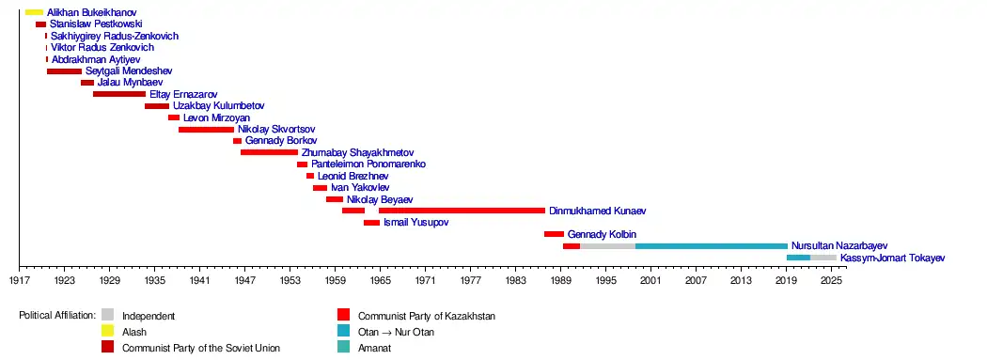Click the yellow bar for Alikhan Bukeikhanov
tap(34, 12)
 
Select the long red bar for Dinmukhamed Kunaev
tap(462, 211)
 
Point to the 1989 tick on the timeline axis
tap(560, 268)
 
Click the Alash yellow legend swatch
tap(108, 331)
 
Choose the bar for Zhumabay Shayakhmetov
tap(270, 152)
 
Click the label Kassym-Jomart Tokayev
tap(893, 258)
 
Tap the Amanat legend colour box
tap(343, 347)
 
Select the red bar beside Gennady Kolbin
tap(554, 234)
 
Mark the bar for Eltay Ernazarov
tap(119, 94)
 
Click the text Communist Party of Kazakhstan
tap(427, 316)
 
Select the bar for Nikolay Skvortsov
tap(207, 130)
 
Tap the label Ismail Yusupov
tap(416, 223)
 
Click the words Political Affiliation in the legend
tap(57, 315)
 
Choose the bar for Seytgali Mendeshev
tap(64, 71)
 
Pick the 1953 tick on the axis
tap(290, 268)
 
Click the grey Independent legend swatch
tap(108, 314)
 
